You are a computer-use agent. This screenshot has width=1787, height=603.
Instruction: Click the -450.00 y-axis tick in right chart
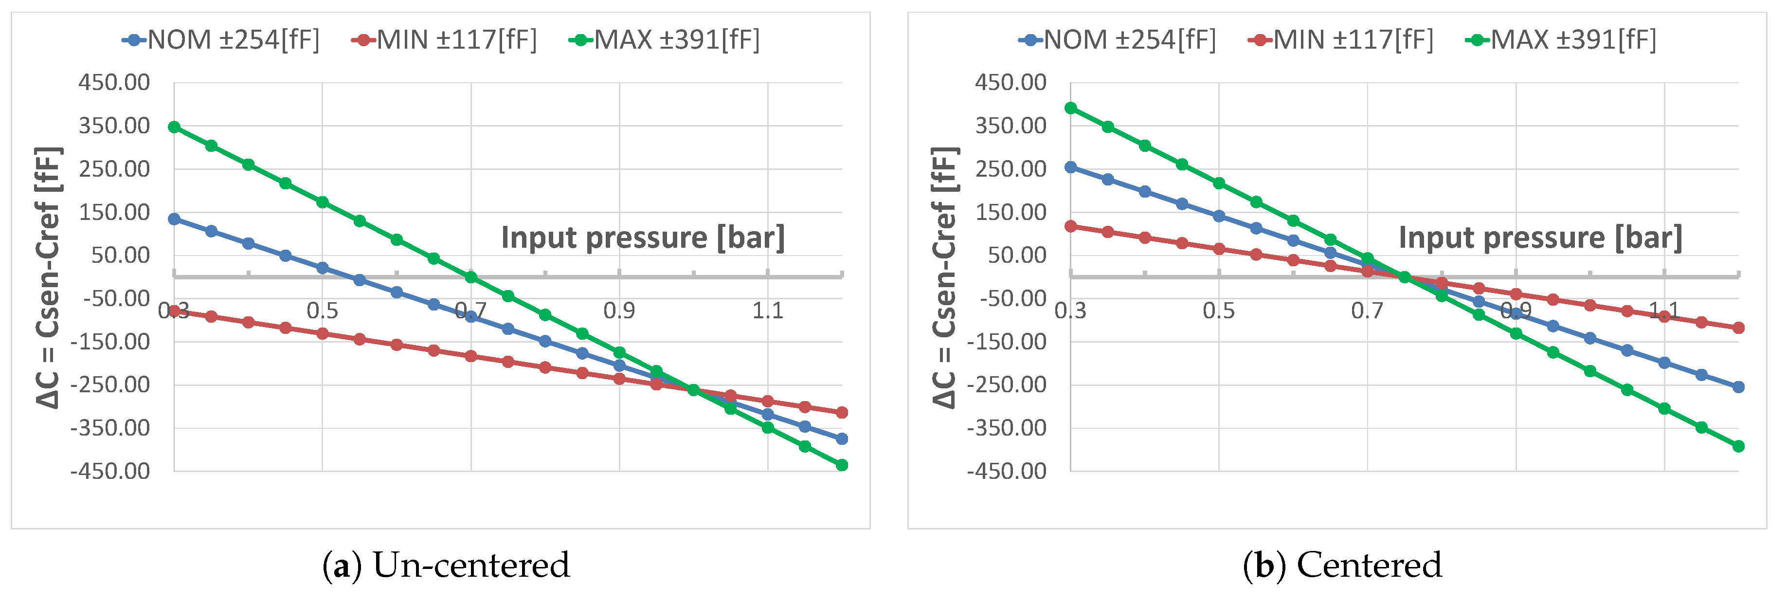pos(1007,471)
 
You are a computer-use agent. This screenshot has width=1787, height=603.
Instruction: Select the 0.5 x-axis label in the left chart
pos(323,311)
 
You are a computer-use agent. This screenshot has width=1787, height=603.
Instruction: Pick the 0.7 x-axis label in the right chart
pos(1367,311)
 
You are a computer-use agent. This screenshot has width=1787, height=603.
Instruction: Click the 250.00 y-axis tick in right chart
pos(1011,168)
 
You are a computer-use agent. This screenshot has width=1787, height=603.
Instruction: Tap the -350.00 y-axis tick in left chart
pos(110,428)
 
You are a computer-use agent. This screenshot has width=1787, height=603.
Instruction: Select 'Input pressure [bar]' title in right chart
pos(1540,238)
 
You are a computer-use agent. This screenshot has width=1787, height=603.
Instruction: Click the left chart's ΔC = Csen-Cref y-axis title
pos(49,277)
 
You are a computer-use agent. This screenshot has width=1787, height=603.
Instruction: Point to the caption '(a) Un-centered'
pos(446,565)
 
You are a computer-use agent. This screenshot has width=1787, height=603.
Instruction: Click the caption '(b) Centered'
pos(1342,565)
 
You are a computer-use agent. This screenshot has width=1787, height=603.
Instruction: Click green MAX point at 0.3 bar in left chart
pos(174,127)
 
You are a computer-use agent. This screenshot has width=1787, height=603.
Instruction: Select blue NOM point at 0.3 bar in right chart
pos(1070,167)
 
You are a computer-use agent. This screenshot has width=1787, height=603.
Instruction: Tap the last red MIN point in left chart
pos(842,412)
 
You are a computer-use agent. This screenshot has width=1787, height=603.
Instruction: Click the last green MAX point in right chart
pos(1738,446)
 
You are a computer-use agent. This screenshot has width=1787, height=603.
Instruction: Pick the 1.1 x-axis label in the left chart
pos(768,311)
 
